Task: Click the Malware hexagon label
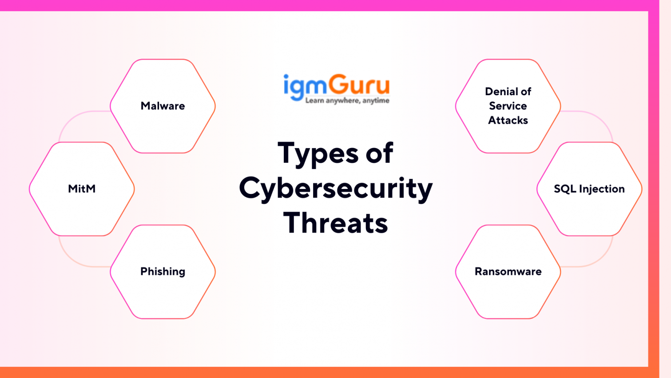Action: coord(163,106)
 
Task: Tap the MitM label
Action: coord(82,189)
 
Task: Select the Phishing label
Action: coord(163,271)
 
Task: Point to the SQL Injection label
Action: coord(589,189)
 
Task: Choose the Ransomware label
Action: coord(508,271)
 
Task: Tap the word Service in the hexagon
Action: coord(508,106)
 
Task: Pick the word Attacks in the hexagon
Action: coord(508,120)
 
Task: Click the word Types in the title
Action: coord(318,153)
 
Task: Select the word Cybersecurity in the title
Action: coord(336,188)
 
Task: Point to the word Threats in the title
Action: coord(336,222)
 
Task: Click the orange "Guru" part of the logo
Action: coord(360,84)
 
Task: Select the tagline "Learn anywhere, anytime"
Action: coord(347,101)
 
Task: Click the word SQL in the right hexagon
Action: coord(564,189)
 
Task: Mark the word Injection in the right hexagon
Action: coord(601,189)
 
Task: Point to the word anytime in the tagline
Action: coord(376,101)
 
